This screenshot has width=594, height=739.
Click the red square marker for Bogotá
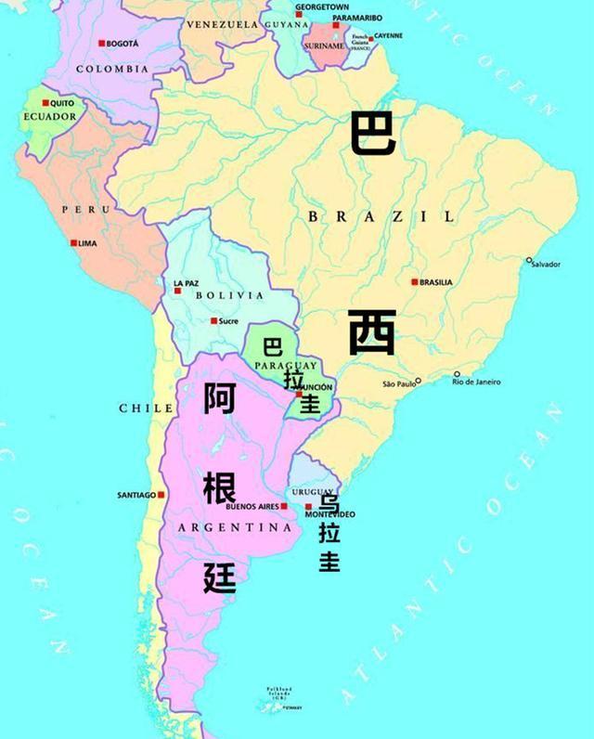(x=102, y=44)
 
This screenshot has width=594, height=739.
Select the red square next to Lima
(x=73, y=243)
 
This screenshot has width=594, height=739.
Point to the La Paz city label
(x=186, y=282)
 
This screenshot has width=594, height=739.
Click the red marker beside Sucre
(x=213, y=321)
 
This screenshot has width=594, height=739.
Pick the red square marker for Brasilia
(x=414, y=282)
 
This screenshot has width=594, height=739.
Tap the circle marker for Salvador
(x=529, y=260)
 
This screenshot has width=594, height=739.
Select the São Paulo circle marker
(x=419, y=381)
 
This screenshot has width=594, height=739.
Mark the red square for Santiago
(x=161, y=495)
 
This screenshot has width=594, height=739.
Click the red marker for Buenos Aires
(x=283, y=506)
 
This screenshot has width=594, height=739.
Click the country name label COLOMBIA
(x=111, y=70)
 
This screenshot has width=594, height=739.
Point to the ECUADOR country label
(x=50, y=117)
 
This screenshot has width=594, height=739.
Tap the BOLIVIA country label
(x=229, y=295)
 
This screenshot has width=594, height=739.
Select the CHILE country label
(x=146, y=408)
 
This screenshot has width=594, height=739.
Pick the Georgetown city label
(x=322, y=6)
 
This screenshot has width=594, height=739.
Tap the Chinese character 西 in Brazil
(x=373, y=332)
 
